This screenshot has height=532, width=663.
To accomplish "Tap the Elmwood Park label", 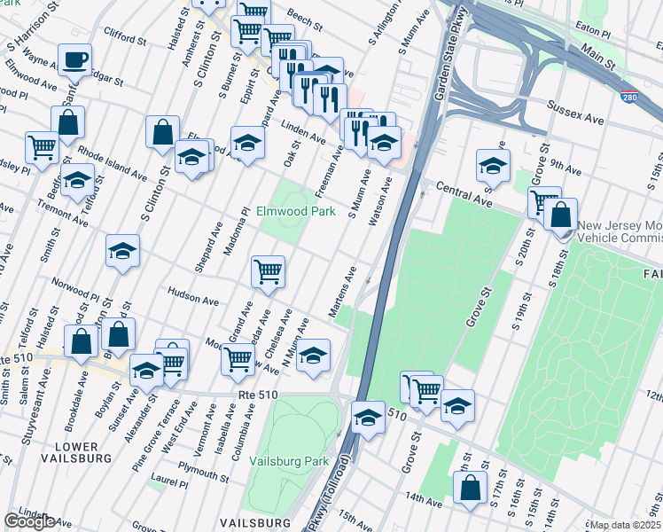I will tap(296, 212).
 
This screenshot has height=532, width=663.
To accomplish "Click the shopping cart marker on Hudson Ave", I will tap(268, 271).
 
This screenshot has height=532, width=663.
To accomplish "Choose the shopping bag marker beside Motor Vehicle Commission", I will tap(562, 215).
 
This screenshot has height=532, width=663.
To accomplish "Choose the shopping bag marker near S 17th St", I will tap(470, 488).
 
